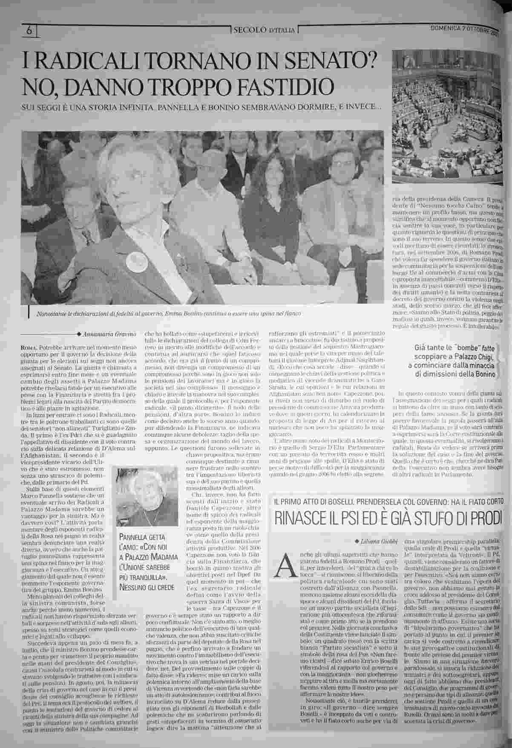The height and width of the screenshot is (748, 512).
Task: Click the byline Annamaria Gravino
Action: [104, 333]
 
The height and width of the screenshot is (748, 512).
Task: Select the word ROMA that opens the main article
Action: [28, 348]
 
